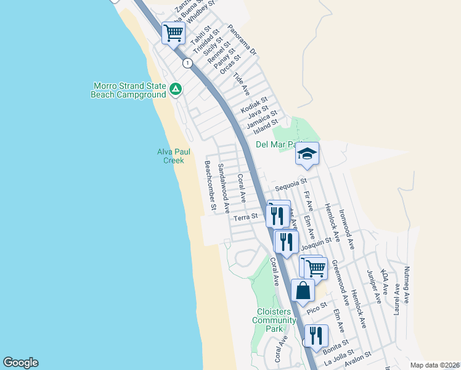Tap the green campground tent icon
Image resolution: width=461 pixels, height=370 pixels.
point(176,90)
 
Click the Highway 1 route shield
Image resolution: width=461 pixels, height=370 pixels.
point(187,63)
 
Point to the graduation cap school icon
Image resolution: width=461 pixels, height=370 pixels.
point(307,154)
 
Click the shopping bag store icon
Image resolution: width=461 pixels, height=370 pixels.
point(303,290)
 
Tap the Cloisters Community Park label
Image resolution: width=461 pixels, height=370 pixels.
point(274,320)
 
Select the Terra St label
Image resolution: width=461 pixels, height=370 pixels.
point(245,217)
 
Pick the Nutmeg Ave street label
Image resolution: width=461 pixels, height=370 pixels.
point(407,284)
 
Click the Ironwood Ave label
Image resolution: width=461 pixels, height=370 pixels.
point(348,231)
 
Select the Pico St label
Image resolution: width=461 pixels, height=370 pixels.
point(316,306)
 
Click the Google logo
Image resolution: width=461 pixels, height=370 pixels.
point(20,363)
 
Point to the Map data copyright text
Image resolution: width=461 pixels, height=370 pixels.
point(434,365)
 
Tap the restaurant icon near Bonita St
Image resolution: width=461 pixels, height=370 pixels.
point(316,335)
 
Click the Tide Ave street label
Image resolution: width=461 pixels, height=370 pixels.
point(241,84)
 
